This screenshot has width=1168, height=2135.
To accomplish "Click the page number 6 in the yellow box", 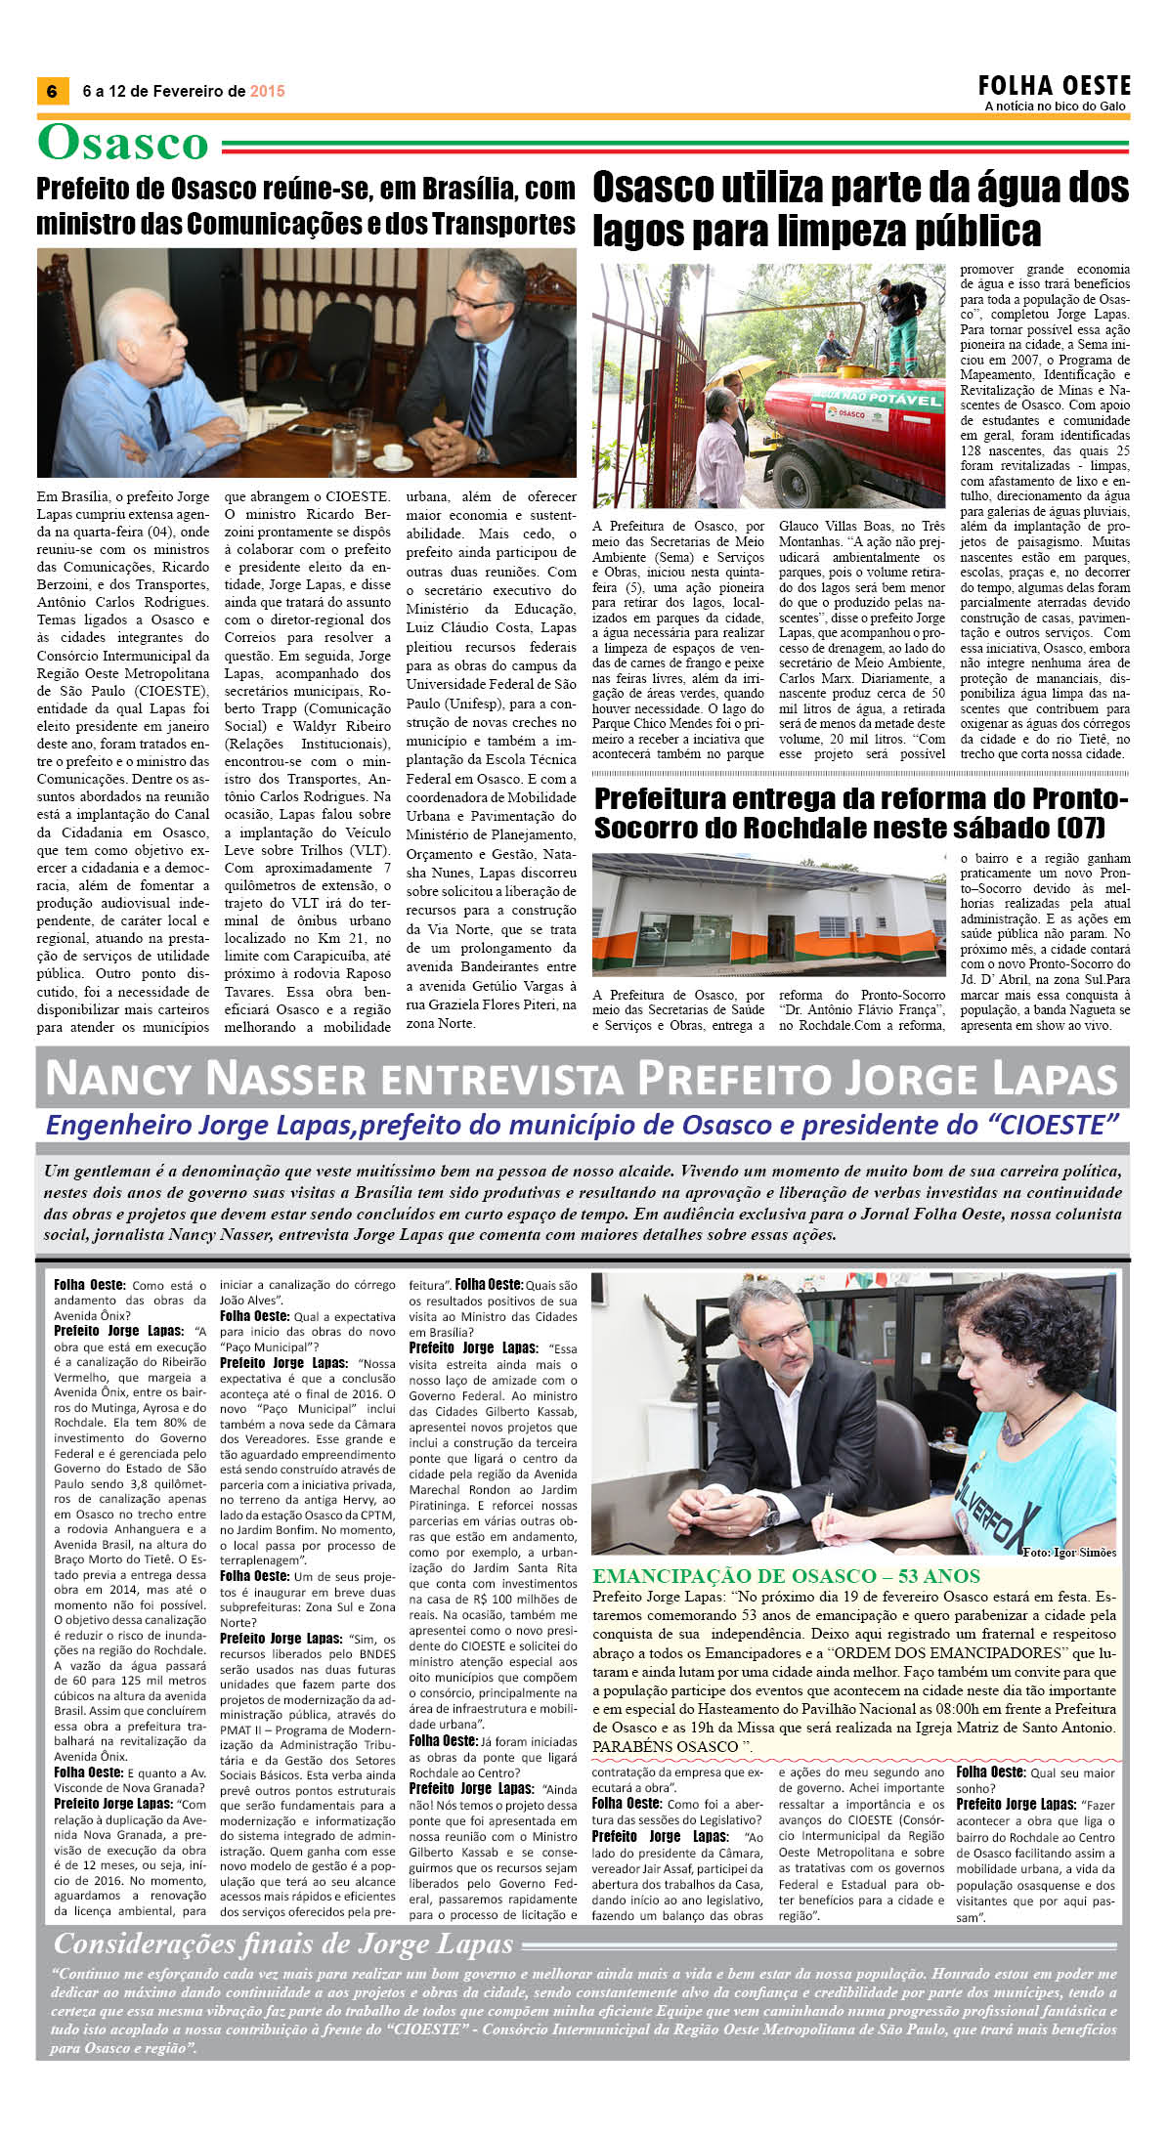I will pos(52,91).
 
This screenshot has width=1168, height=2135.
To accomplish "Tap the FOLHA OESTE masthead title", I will pos(1055,85).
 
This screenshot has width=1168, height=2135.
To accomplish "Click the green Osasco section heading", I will pos(123,143).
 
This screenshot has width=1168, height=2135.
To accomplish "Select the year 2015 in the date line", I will pos(267,91).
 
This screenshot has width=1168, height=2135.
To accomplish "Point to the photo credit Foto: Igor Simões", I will pos(1068,1552).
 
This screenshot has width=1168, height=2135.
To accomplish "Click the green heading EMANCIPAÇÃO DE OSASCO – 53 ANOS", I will pos(786,1576).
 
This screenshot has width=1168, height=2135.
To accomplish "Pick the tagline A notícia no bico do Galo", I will pos(1055,106).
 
